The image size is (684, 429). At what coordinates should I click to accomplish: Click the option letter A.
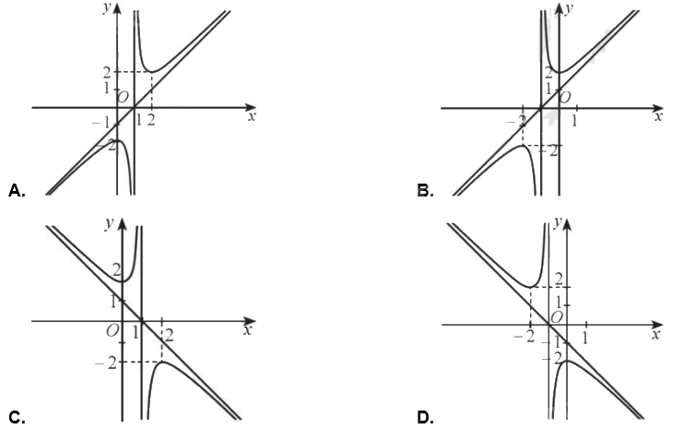pyautogui.click(x=15, y=190)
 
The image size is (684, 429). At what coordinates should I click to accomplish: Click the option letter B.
pyautogui.click(x=425, y=190)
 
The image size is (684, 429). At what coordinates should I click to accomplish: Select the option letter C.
pyautogui.click(x=15, y=418)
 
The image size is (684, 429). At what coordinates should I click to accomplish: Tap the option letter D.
pyautogui.click(x=425, y=418)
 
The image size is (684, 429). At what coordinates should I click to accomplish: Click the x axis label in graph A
pyautogui.click(x=251, y=117)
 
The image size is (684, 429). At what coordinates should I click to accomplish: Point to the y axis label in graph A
pyautogui.click(x=108, y=10)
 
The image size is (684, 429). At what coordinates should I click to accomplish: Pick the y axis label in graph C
pyautogui.click(x=110, y=222)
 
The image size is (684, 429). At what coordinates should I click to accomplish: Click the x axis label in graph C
pyautogui.click(x=247, y=329)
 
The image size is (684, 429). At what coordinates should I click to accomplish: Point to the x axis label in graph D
pyautogui.click(x=655, y=334)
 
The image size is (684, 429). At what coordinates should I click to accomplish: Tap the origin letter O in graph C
pyautogui.click(x=112, y=330)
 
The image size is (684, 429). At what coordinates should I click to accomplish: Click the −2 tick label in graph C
pyautogui.click(x=112, y=362)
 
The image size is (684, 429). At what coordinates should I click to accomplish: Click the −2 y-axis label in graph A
pyautogui.click(x=111, y=144)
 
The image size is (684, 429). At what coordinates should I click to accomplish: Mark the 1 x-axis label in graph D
pyautogui.click(x=585, y=336)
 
